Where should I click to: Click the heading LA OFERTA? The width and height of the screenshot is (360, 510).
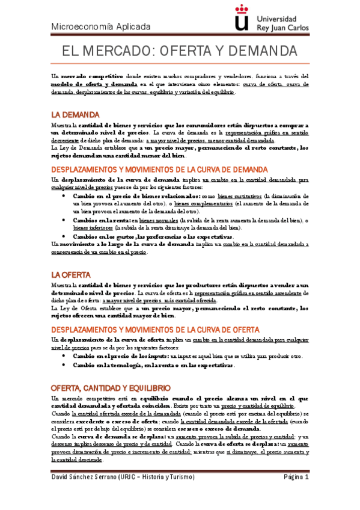(71, 275)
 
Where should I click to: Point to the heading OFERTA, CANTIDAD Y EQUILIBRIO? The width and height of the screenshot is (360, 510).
(111, 370)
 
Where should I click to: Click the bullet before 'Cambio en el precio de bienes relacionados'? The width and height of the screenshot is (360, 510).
(64, 196)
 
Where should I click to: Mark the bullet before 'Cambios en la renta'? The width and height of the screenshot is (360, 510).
(64, 220)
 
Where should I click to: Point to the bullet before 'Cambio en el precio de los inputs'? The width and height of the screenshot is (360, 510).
(64, 356)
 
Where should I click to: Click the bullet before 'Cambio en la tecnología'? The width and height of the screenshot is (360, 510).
(64, 366)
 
